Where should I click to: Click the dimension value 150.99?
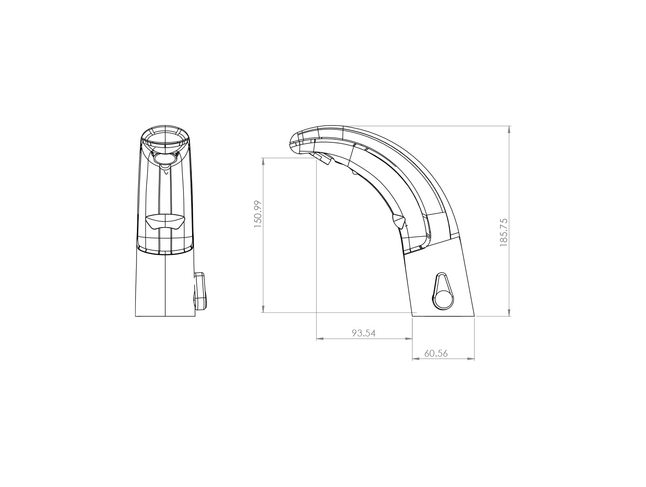[x=258, y=214]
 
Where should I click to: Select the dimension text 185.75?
[x=503, y=232]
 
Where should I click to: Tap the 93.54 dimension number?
[x=364, y=333]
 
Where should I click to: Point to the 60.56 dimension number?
[x=436, y=353]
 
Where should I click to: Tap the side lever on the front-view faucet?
[x=199, y=291]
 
